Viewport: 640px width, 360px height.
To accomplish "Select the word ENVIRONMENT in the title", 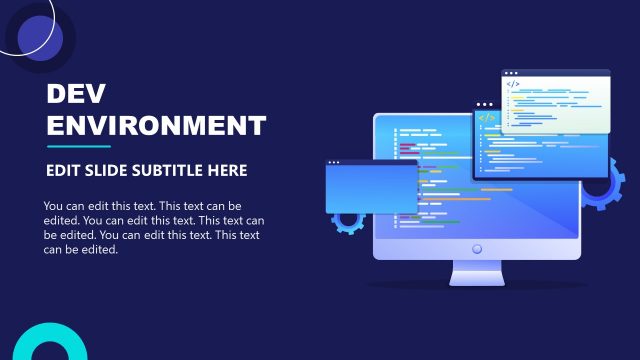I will point(157,126).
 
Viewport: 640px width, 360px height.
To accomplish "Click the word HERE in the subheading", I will point(228,171).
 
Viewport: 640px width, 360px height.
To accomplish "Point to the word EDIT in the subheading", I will point(63,171).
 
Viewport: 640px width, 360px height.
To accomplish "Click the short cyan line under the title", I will point(78,147).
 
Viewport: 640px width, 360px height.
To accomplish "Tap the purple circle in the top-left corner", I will point(40,38).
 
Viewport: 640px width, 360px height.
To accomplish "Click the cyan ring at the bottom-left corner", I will point(46,345).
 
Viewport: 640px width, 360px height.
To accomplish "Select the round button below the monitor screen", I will point(477,248).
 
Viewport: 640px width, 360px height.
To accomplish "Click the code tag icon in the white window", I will point(512,85).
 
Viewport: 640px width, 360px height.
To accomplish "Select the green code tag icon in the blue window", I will point(487,117).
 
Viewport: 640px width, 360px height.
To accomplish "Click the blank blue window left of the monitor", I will point(371,190).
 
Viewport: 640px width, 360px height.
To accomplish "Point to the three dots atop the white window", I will point(511,73).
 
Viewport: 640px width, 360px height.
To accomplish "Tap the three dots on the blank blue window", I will point(334,163).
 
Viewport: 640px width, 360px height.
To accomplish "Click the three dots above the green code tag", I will point(485,104).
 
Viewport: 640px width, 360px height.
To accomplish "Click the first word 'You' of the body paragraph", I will point(55,207).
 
